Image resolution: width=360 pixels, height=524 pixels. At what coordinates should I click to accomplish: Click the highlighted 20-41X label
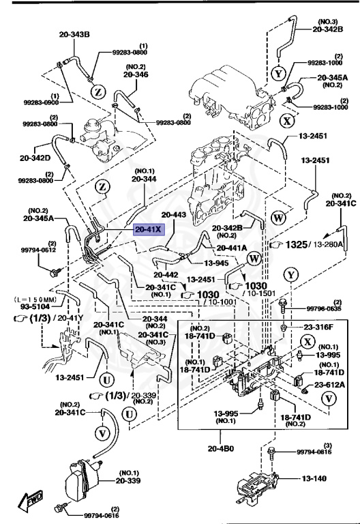tap(148, 229)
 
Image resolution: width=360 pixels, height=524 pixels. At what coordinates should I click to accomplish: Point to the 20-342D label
tap(35, 158)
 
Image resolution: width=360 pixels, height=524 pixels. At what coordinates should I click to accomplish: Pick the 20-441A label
tap(232, 248)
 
